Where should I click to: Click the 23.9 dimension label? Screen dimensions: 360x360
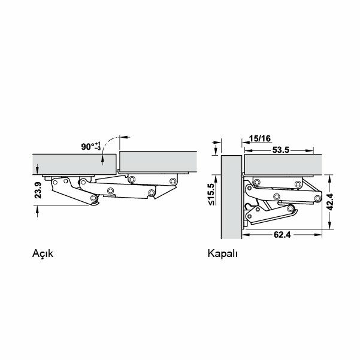point(38,190)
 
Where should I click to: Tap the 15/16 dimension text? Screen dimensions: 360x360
point(260,138)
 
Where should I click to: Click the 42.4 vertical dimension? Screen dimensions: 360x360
point(330,202)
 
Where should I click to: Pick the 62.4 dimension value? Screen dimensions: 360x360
point(282,235)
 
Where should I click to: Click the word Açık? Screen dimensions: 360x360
point(43,254)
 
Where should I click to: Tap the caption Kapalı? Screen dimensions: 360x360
point(222,254)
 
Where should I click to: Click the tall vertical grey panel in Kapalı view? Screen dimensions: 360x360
point(231,197)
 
